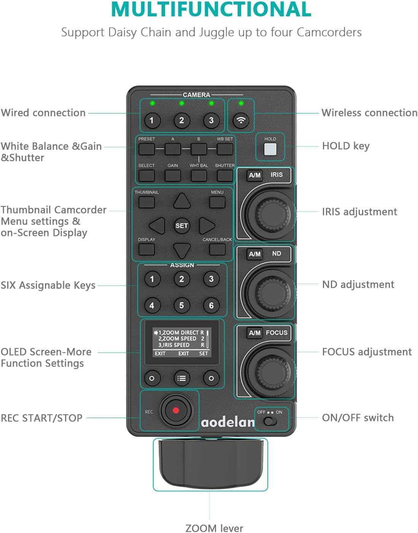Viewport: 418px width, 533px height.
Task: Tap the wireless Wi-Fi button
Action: coord(241,120)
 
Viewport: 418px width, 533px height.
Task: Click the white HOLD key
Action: coord(270,149)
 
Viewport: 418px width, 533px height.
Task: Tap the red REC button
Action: coord(175,410)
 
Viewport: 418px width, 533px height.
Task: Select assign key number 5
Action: coord(181,305)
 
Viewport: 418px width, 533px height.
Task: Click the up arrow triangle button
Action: coord(182,201)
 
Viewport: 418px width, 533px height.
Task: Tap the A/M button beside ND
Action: coord(254,254)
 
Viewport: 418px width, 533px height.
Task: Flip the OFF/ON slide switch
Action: coord(270,421)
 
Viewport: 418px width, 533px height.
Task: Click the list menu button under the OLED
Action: coord(181,378)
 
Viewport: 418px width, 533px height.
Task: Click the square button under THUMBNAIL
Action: coord(146,202)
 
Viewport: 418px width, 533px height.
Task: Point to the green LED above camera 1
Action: coord(152,103)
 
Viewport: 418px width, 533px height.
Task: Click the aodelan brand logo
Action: coord(227,422)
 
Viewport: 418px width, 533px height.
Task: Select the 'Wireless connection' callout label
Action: coord(369,113)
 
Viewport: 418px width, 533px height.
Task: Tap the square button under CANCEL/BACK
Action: coord(217,249)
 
